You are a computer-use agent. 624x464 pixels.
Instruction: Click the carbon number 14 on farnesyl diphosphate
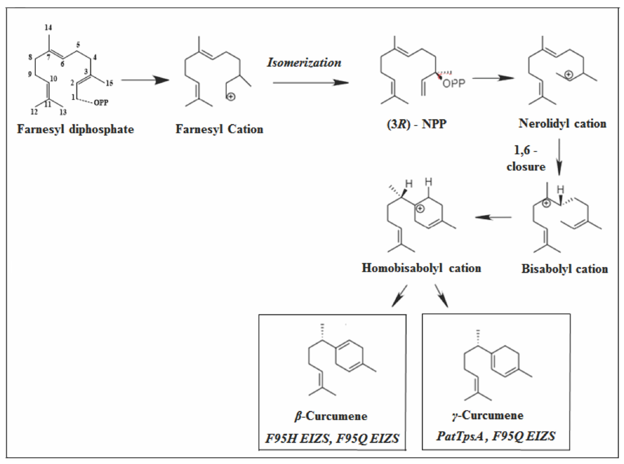48,27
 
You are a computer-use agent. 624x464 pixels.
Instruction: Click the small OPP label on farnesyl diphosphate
101,103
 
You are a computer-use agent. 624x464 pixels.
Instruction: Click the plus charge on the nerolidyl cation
569,74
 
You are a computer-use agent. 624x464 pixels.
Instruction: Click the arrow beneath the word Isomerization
311,83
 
